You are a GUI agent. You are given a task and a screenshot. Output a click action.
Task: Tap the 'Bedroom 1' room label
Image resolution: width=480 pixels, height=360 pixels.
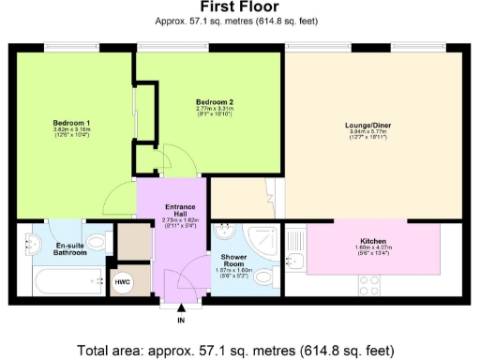click(70, 124)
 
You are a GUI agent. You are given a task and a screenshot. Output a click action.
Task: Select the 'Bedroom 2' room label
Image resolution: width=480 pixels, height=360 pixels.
click(214, 101)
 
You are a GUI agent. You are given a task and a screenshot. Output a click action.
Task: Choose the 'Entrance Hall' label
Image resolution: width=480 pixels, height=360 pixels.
click(179, 211)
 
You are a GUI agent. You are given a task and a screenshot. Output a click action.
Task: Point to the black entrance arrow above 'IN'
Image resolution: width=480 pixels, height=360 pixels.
click(181, 308)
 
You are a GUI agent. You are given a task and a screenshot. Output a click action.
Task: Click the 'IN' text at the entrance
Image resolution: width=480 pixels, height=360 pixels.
click(181, 321)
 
